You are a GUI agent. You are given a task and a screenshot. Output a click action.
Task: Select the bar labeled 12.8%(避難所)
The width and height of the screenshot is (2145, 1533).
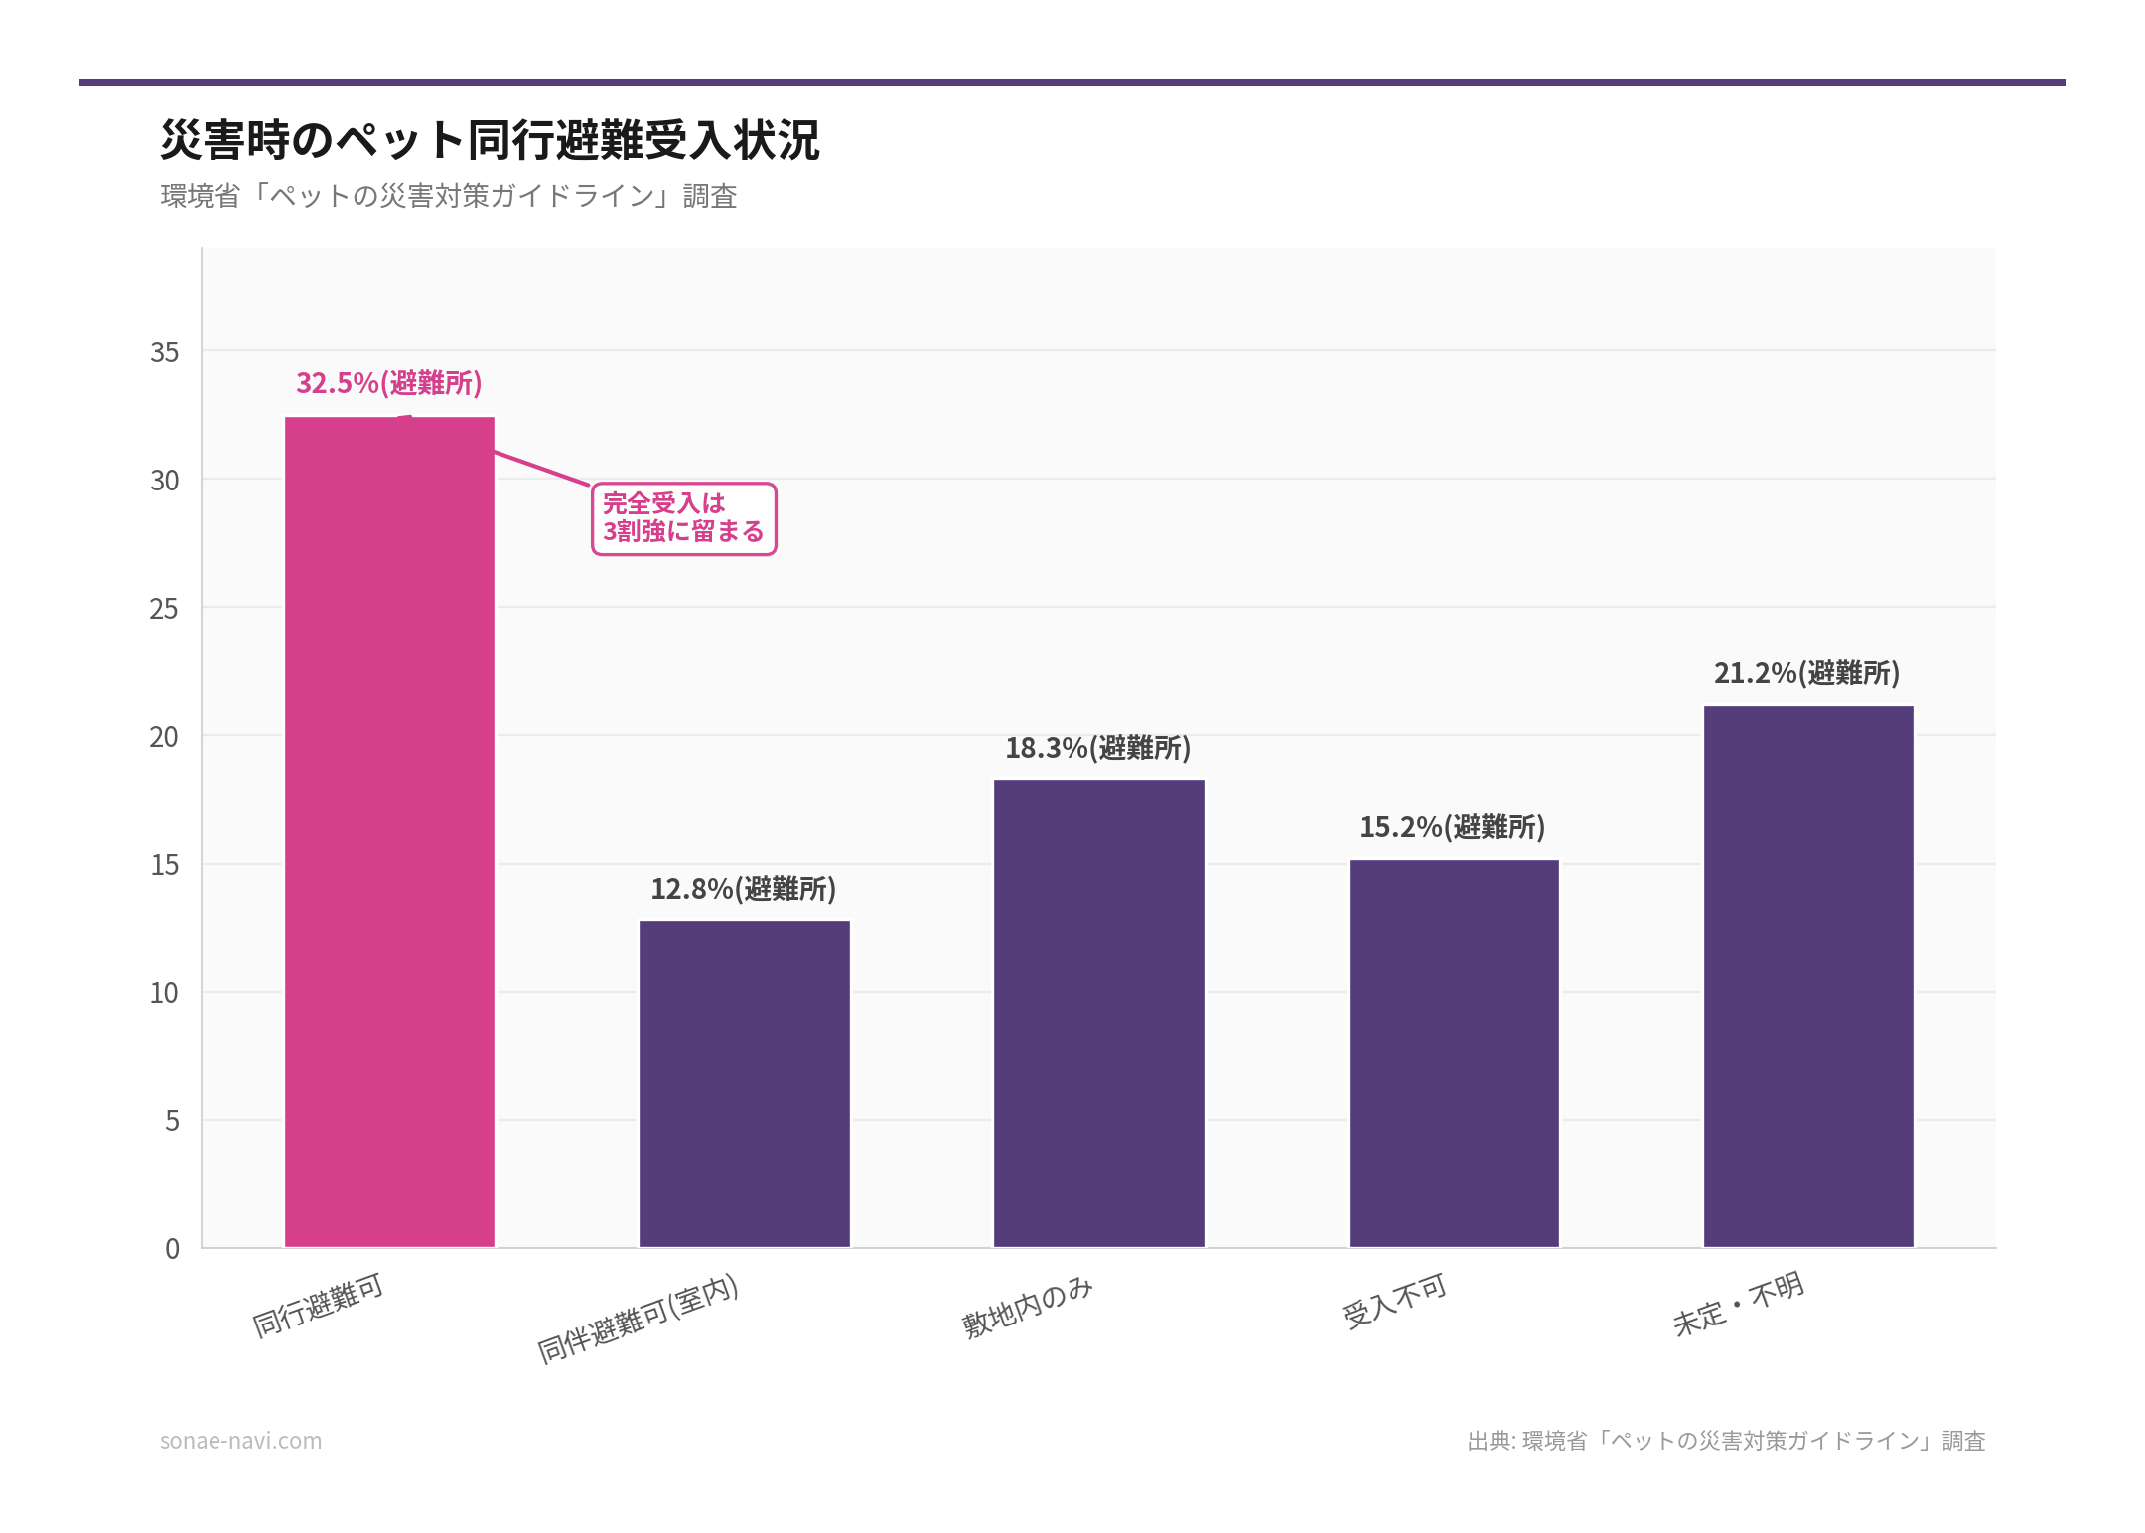click(744, 1084)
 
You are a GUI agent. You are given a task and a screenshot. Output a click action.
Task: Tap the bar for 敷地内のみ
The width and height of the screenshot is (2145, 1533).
click(1098, 1014)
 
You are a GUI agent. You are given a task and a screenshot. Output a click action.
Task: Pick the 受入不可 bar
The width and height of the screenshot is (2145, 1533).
click(1453, 1053)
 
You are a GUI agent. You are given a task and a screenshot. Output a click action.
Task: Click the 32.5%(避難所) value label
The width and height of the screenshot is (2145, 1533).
click(388, 383)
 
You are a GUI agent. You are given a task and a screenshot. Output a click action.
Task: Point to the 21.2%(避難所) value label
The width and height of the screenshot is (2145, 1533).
click(1806, 673)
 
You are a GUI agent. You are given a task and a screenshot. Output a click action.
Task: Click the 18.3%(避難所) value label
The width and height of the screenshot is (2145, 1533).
click(1097, 748)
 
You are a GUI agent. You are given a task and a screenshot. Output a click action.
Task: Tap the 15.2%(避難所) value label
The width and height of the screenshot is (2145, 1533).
click(1452, 827)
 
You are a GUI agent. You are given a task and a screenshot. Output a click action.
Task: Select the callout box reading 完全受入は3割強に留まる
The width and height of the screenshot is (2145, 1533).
click(683, 518)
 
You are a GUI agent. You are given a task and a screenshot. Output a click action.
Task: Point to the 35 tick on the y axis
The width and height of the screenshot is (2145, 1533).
click(164, 352)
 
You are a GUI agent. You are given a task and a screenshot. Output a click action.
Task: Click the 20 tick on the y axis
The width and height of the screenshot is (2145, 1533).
click(164, 737)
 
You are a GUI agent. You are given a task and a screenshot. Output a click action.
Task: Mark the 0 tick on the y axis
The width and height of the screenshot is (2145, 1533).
click(172, 1249)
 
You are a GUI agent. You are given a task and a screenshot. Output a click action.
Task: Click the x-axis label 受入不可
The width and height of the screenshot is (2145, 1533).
click(1394, 1302)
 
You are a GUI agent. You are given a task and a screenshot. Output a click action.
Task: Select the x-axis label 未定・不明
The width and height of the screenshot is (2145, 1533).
click(1738, 1305)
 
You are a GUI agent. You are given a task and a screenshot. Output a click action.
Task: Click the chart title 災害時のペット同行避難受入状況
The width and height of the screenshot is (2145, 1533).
click(490, 140)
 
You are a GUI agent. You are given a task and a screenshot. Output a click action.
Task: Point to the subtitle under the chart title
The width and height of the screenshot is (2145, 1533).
click(448, 196)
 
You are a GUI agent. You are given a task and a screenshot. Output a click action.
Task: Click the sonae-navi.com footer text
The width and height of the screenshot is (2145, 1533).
click(240, 1441)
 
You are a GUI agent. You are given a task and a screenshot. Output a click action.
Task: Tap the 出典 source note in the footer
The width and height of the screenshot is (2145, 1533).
click(1726, 1441)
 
